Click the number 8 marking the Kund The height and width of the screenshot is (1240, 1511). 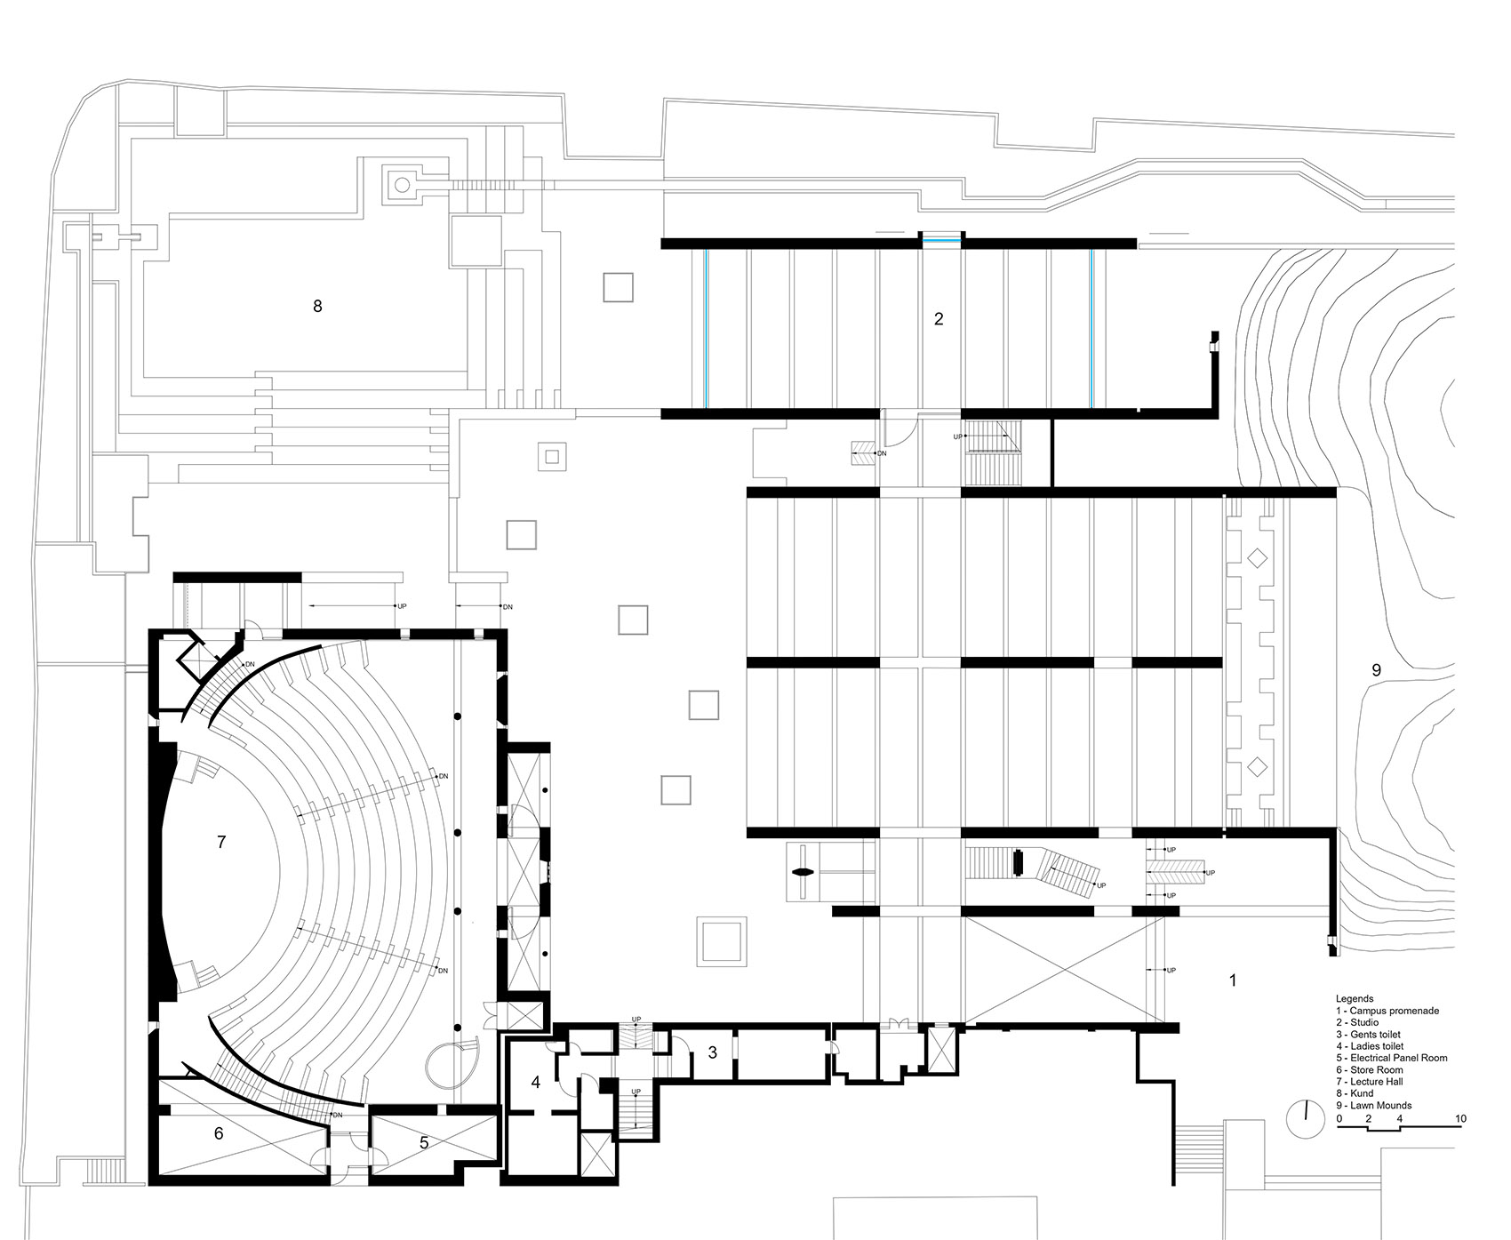pyautogui.click(x=317, y=306)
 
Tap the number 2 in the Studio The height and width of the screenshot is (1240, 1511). pyautogui.click(x=939, y=318)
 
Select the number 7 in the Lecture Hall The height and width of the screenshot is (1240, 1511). pyautogui.click(x=221, y=841)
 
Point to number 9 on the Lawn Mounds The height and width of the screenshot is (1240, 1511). pyautogui.click(x=1376, y=670)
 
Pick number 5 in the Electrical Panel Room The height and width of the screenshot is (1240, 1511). pyautogui.click(x=424, y=1142)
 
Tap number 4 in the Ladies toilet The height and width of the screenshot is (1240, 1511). pyautogui.click(x=536, y=1082)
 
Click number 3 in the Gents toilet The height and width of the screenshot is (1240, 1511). pyautogui.click(x=712, y=1053)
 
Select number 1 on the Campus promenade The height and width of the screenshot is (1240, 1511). pyautogui.click(x=1232, y=980)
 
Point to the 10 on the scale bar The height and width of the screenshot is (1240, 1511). pyautogui.click(x=1460, y=1118)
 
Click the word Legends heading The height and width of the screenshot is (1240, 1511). pyautogui.click(x=1354, y=999)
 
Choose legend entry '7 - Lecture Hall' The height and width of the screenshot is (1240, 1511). pyautogui.click(x=1373, y=1082)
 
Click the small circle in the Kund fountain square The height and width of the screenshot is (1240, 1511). pyautogui.click(x=402, y=185)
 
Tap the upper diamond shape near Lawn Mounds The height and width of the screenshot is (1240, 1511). pyautogui.click(x=1256, y=559)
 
